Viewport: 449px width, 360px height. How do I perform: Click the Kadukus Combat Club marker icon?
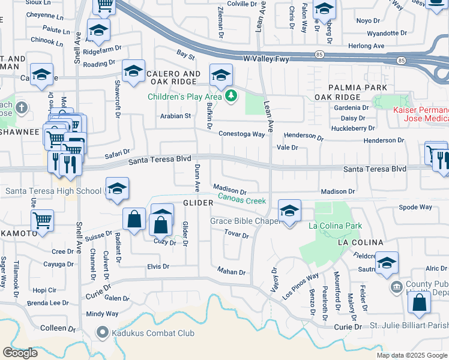(x=103, y=332)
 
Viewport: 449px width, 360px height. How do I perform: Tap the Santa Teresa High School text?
(x=53, y=191)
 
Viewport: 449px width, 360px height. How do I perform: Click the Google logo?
(x=20, y=352)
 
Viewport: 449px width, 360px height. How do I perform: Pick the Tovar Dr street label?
(x=237, y=234)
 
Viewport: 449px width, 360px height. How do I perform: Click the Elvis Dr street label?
(x=158, y=266)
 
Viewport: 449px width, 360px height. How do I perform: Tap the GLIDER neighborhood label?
(x=198, y=203)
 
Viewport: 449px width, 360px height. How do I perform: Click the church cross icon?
(x=22, y=108)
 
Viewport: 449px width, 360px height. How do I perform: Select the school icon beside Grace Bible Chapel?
(x=289, y=211)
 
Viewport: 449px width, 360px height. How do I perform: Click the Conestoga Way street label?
(x=241, y=134)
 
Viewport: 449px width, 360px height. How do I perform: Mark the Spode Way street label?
(x=415, y=207)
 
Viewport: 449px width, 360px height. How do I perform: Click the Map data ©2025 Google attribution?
(x=412, y=355)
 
